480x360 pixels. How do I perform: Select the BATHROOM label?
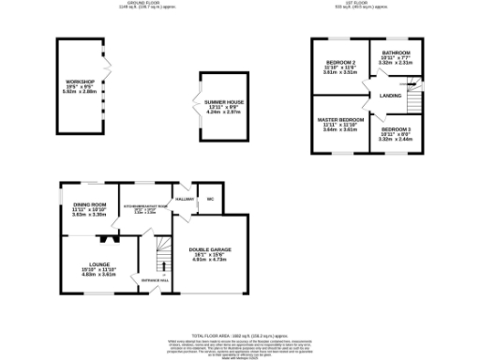coord(397,53)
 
